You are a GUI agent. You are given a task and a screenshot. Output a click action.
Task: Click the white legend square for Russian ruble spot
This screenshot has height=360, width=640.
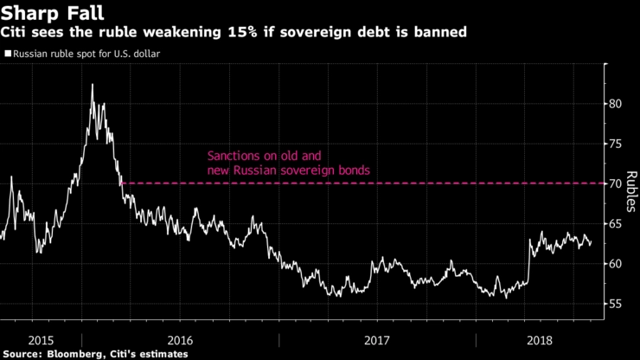7,54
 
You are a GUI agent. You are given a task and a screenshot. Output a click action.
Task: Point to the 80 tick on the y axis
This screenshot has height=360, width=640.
618,104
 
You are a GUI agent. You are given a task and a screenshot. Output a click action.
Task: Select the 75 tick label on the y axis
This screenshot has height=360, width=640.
618,144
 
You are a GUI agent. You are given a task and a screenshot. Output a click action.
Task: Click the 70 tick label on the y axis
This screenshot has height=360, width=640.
618,183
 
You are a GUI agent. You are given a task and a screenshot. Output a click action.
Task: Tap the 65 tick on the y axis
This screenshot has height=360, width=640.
618,223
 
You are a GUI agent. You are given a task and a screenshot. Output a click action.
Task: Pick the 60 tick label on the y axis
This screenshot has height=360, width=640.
618,263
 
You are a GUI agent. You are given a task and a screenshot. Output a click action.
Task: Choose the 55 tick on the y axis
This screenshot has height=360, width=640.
618,304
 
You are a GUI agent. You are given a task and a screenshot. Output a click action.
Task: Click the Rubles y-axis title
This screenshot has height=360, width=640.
633,190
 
